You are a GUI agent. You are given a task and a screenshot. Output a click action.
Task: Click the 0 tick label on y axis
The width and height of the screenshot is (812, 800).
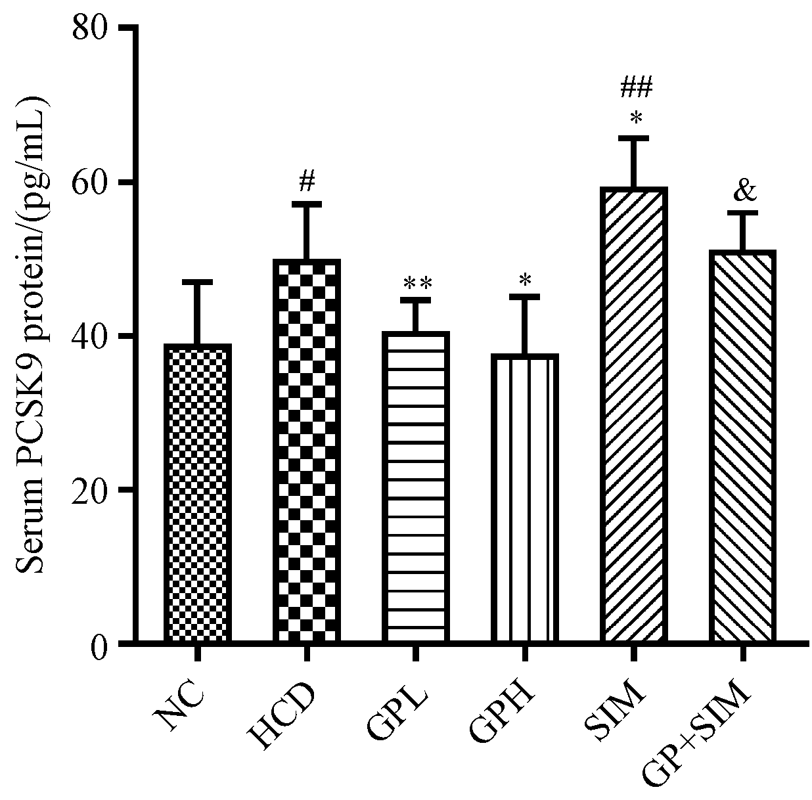pos(99,644)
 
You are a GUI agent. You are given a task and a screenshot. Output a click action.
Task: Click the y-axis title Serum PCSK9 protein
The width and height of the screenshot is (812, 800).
pos(32,335)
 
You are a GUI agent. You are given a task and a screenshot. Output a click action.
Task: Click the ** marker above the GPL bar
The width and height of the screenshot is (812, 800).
pos(417,284)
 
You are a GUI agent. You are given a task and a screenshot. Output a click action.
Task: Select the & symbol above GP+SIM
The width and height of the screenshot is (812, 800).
pos(744,190)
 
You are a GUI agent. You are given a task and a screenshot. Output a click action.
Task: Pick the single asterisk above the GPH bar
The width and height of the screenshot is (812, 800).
pos(525,280)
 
